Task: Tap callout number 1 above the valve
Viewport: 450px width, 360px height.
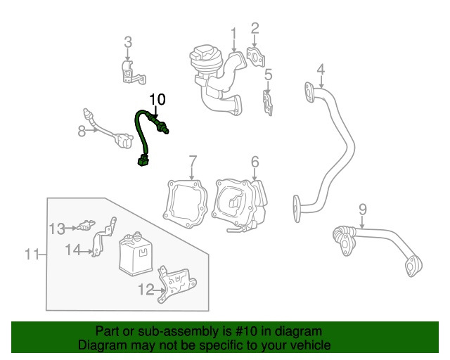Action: (x=233, y=32)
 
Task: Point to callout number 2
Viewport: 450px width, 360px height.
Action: (x=255, y=28)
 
